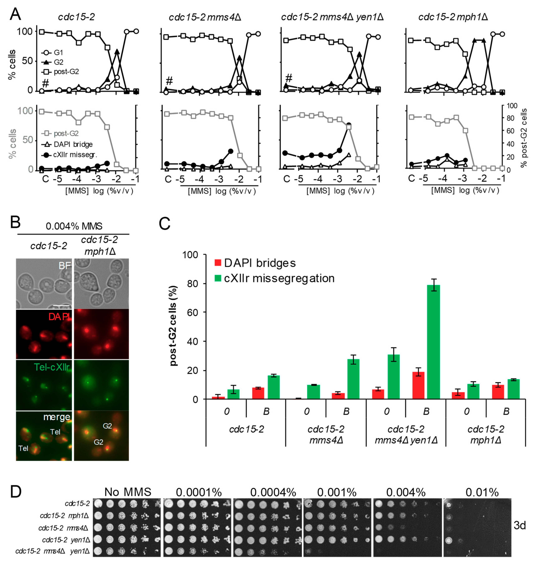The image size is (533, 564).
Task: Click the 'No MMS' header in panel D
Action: [128, 492]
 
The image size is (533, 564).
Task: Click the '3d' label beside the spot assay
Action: [520, 525]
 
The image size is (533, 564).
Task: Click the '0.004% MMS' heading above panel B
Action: [74, 226]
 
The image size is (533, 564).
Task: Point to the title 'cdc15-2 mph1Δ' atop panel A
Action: [453, 17]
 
